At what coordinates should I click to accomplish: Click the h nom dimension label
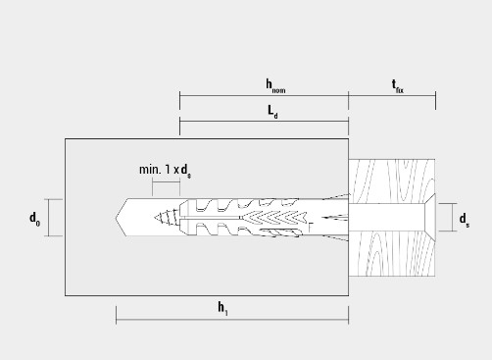275,86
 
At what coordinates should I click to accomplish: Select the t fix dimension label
398,86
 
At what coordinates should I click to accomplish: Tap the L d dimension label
272,112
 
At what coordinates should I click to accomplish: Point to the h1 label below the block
222,309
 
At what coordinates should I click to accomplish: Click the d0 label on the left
35,219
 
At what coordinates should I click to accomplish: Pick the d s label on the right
465,220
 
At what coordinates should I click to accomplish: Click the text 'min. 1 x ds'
165,171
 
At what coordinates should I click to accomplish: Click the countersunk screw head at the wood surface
430,218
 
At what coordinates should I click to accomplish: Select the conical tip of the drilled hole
122,218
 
